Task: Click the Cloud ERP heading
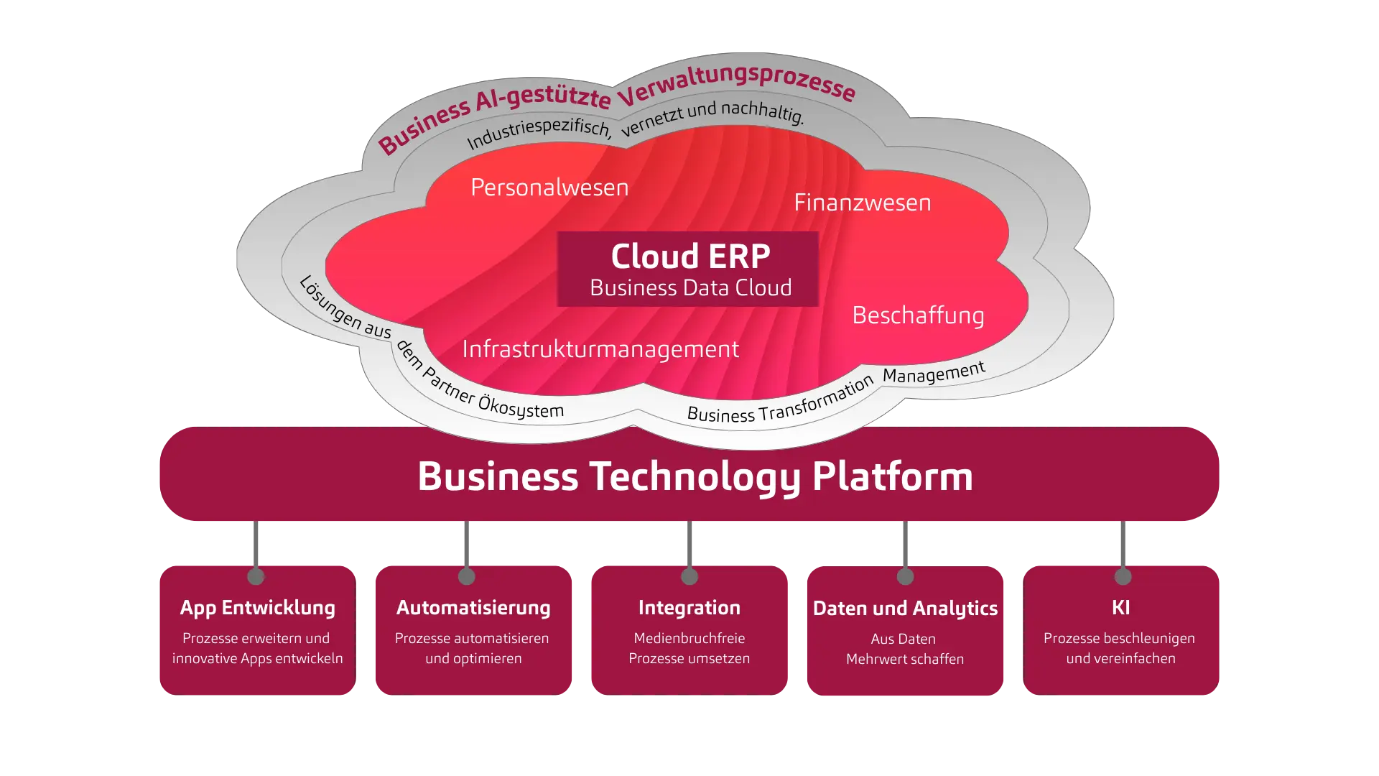coord(690,257)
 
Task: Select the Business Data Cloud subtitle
coord(690,288)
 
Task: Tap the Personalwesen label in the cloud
coord(549,188)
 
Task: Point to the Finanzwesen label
coord(862,203)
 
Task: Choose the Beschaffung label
coord(918,315)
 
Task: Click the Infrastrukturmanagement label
coord(600,349)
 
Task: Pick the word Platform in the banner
coord(892,476)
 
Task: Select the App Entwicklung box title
coord(257,608)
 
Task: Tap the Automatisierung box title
coord(473,608)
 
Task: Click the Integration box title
coord(689,608)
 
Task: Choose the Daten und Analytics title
coord(905,609)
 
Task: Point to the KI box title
coord(1120,608)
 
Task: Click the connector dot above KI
coord(1123,576)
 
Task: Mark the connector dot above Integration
coord(689,576)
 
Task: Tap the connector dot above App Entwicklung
coord(256,576)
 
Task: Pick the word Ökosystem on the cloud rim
coord(521,407)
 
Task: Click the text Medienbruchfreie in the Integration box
coord(689,638)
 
